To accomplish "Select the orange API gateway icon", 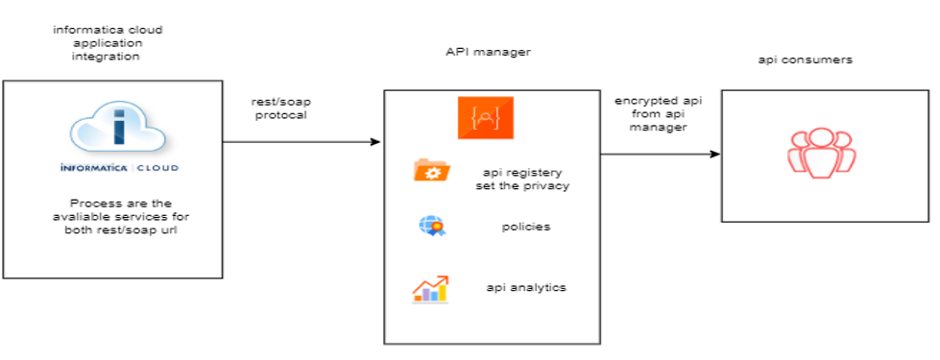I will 484,115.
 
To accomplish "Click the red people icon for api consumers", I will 821,152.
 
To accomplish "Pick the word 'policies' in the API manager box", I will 525,228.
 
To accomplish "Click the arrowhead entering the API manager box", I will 375,142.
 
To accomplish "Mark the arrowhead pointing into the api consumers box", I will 714,154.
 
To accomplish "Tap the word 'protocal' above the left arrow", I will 282,115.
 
